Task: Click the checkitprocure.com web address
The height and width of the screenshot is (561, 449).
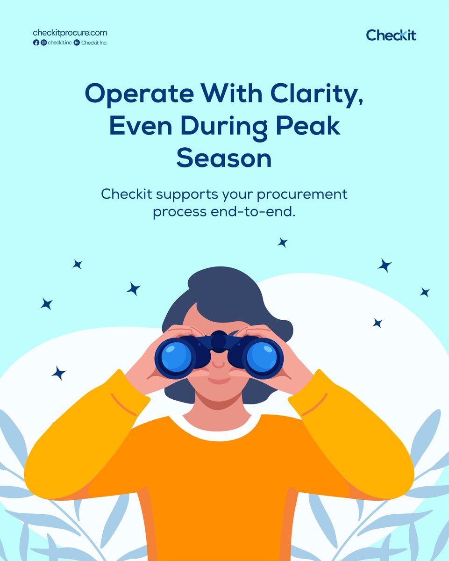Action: (70, 33)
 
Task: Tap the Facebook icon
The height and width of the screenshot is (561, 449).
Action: (36, 43)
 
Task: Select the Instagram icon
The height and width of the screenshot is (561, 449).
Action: (43, 43)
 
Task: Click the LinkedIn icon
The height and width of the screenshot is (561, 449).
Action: (77, 43)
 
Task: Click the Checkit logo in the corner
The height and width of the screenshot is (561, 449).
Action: (391, 35)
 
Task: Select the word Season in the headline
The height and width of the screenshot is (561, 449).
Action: (224, 158)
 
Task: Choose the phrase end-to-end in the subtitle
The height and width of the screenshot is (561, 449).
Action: (254, 211)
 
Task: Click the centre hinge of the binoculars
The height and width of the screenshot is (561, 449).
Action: (219, 341)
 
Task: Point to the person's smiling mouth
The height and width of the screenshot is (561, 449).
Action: (219, 381)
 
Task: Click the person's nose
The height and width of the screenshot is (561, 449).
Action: (218, 363)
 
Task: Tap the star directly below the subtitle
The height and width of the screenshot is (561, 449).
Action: (282, 242)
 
